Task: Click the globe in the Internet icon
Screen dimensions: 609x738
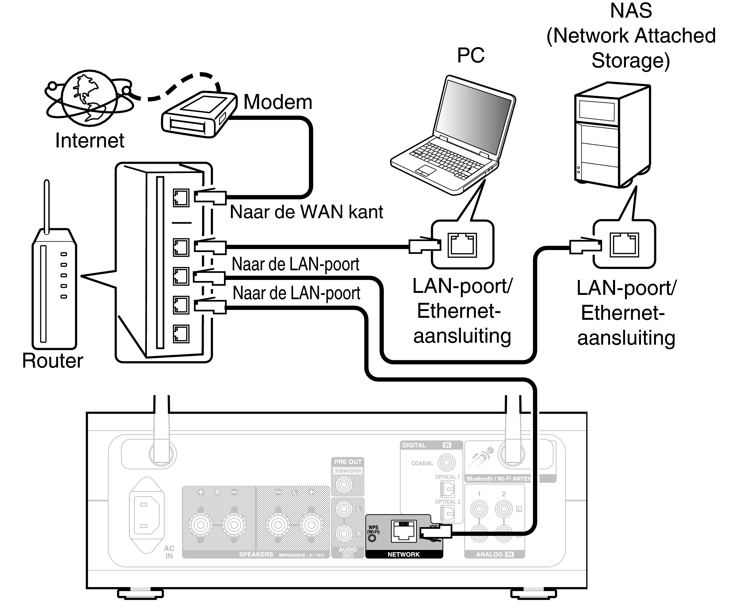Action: [x=89, y=98]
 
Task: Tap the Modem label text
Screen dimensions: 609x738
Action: [x=277, y=102]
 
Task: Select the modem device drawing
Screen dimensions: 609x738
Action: [x=198, y=114]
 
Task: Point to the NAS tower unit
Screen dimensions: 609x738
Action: [x=612, y=135]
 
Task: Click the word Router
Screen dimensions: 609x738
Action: [x=52, y=361]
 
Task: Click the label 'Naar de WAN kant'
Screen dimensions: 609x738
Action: [x=306, y=212]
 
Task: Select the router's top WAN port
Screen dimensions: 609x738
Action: [x=181, y=198]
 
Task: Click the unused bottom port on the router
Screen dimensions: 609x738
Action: [x=181, y=334]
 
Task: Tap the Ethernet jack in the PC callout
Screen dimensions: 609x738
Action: [x=462, y=245]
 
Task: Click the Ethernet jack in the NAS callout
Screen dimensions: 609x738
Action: [x=624, y=245]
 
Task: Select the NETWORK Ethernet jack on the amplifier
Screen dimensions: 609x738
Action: [x=404, y=531]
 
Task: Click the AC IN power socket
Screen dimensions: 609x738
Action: [x=146, y=515]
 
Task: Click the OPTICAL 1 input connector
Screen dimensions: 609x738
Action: [x=447, y=488]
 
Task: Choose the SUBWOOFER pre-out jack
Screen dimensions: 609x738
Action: [x=344, y=485]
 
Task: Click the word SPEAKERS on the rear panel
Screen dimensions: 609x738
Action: [x=256, y=555]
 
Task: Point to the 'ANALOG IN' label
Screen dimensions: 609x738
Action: [x=494, y=555]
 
